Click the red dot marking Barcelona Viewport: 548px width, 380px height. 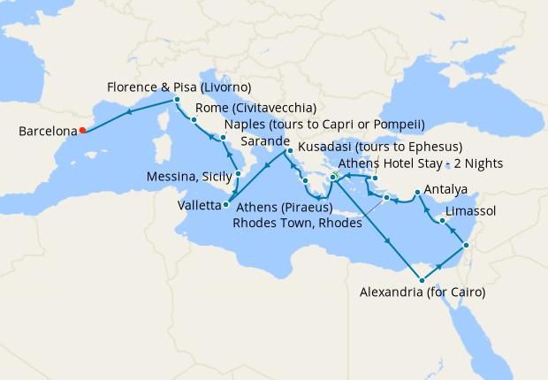click(x=82, y=131)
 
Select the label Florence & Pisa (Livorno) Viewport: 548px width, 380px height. click(x=179, y=87)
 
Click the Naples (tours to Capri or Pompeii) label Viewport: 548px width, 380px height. click(x=325, y=124)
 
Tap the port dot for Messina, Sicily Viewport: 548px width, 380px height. click(x=238, y=174)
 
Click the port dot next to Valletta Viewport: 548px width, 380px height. click(x=226, y=205)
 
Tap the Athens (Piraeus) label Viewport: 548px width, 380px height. click(x=285, y=208)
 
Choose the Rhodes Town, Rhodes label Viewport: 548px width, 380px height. click(x=297, y=224)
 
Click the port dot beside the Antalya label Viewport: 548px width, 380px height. click(x=416, y=191)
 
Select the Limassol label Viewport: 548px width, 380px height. click(x=471, y=211)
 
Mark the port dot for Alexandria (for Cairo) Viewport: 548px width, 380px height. click(x=422, y=280)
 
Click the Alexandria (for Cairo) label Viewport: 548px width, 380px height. click(x=423, y=292)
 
